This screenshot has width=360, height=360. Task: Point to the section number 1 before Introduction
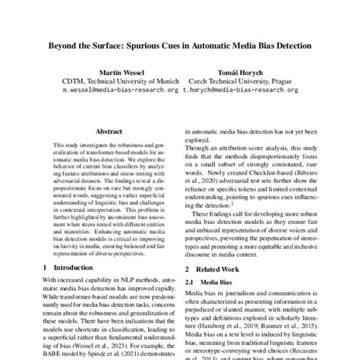pos(46,268)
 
